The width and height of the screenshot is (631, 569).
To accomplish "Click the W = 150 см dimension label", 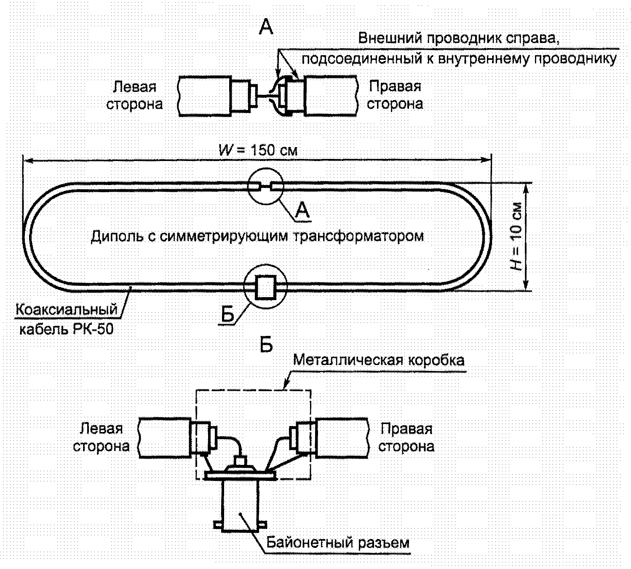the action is point(258,150).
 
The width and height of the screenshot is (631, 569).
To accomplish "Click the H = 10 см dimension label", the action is point(516,236).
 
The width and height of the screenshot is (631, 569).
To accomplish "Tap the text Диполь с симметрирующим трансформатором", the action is point(257,236).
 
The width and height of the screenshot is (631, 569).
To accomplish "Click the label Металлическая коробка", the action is point(379,360).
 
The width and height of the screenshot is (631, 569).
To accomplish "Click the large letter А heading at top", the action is point(266,27).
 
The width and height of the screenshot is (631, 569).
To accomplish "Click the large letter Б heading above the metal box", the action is point(266,346).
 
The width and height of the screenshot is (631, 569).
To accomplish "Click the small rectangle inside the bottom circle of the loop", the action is point(266,287).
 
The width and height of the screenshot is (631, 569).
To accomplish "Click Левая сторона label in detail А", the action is point(135,95).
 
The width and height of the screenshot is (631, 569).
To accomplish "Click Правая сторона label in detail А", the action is point(395,95).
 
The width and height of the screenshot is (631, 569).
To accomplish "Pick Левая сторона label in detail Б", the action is point(101,437).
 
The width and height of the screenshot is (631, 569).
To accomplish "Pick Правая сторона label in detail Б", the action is point(406,437).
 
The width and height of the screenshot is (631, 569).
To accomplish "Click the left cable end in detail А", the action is point(204,96).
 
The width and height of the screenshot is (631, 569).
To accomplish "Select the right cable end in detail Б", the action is point(342,437).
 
